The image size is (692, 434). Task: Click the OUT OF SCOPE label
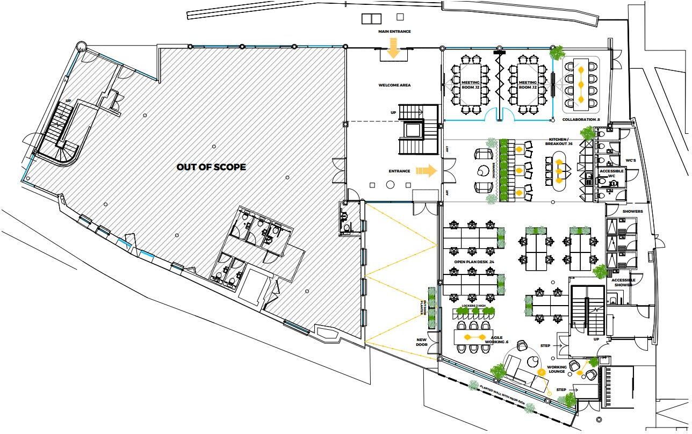coord(211,167)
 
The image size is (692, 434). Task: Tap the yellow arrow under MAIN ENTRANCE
coord(393,49)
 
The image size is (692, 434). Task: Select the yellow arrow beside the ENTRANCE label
coord(427,171)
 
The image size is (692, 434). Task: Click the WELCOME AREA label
coord(394,85)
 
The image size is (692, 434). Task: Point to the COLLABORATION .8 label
coord(580,119)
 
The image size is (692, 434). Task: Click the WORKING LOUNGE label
coord(557,370)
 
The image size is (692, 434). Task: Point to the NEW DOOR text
coord(422,342)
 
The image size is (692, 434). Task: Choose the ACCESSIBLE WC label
coord(611,173)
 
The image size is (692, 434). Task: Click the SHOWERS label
coord(632,211)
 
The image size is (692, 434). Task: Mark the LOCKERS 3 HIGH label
coord(473,306)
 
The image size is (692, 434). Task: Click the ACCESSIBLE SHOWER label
coord(623,283)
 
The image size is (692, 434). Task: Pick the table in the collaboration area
coord(581,81)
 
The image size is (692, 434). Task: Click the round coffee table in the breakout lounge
coord(482,171)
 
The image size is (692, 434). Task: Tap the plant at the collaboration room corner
coord(557,52)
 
